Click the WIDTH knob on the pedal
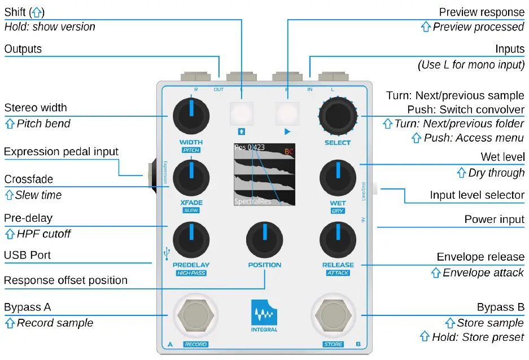(x=191, y=115)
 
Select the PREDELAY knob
(x=191, y=239)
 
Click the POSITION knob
(x=264, y=239)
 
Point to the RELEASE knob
(x=338, y=239)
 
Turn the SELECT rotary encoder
(x=338, y=115)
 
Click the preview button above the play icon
(x=287, y=113)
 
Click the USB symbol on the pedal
(x=165, y=254)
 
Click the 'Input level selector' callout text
(x=477, y=195)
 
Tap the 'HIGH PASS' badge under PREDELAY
(x=191, y=273)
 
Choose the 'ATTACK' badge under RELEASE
(x=338, y=273)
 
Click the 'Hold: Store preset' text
(x=478, y=337)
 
